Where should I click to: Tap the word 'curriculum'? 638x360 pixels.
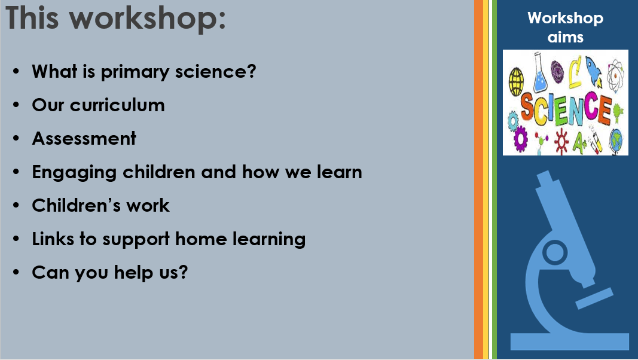pos(117,105)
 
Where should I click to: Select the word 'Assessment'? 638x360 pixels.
pos(84,138)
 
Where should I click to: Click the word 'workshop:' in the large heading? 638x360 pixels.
pos(147,19)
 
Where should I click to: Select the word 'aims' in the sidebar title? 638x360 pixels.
pos(565,38)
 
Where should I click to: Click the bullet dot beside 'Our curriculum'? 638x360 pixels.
pos(16,105)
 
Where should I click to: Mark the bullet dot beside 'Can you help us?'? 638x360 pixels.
pos(16,272)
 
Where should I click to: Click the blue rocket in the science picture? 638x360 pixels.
pos(594,71)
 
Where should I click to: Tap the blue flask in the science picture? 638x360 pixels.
pos(539,74)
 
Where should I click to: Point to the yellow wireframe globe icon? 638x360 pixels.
pos(517,81)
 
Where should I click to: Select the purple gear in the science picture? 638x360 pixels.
pos(520,139)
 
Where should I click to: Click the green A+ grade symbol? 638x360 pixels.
pos(580,144)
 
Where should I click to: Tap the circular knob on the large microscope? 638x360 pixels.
pos(554,252)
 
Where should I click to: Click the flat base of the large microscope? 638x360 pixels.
pos(570,341)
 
